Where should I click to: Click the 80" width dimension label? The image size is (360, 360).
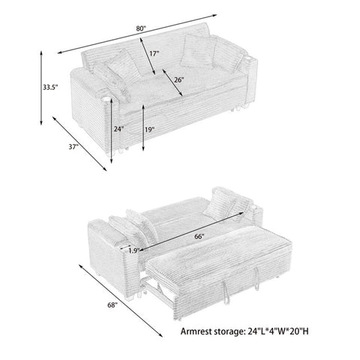click(141, 28)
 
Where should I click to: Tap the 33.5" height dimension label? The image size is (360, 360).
click(50, 87)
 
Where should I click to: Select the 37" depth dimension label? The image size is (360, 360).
click(73, 147)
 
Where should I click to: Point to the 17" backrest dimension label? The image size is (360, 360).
click(154, 53)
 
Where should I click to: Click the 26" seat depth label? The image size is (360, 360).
click(179, 80)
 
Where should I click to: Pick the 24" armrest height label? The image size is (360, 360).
click(119, 129)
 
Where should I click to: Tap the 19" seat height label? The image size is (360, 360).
click(149, 130)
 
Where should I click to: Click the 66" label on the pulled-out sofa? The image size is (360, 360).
click(199, 236)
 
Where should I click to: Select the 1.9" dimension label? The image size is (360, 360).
click(134, 250)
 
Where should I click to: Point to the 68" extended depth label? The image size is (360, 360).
click(112, 305)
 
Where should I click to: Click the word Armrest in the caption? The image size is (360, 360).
click(196, 331)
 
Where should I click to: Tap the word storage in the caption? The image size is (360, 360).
click(229, 332)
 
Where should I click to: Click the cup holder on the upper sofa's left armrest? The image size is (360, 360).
click(106, 99)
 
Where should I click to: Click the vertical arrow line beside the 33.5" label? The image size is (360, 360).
click(41, 88)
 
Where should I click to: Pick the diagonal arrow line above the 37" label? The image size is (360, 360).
click(79, 144)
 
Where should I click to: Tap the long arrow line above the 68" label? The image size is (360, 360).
click(121, 301)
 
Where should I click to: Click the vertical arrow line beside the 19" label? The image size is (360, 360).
click(143, 127)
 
